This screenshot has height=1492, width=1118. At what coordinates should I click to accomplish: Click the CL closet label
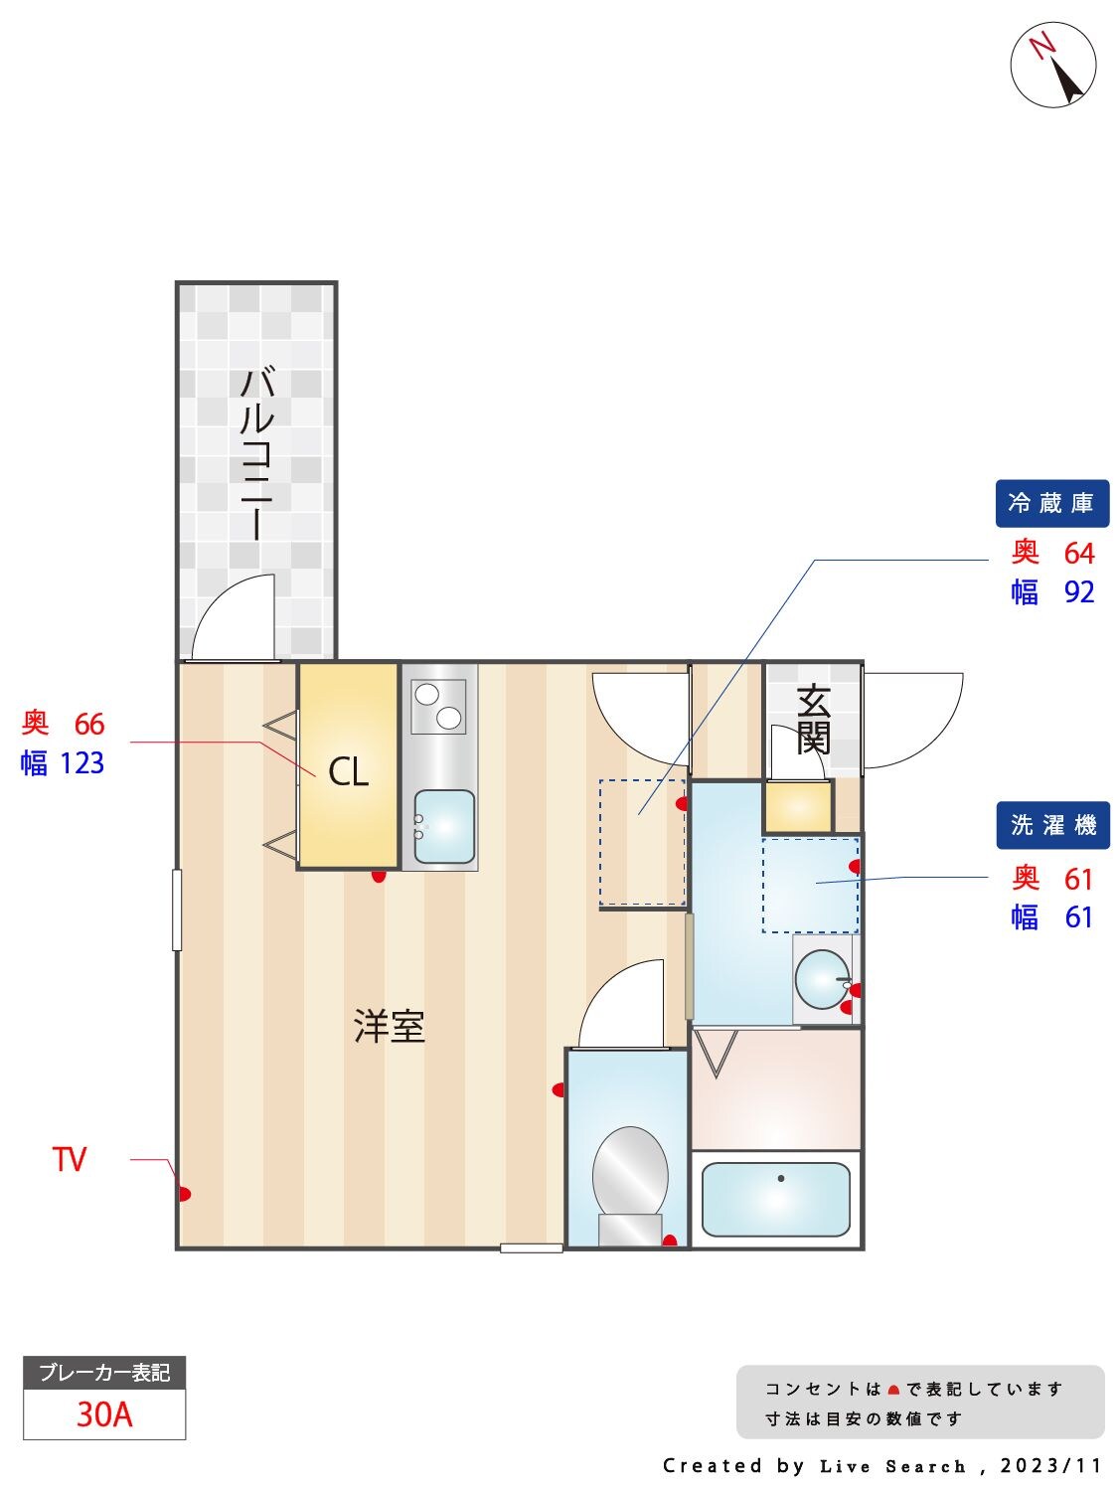coord(349,771)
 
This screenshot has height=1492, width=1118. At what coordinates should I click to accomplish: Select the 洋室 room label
coord(390,1026)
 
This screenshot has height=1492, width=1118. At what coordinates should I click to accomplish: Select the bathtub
coord(775,1198)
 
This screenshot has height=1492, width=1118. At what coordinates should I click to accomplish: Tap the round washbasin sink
coord(822,980)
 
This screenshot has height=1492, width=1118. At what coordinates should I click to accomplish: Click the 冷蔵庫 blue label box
coord(1051,504)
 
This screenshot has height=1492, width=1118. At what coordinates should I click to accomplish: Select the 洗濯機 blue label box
coord(1052,825)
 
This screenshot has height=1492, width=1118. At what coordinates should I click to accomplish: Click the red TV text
coord(70,1159)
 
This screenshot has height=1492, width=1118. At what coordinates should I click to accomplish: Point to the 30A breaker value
coord(104,1413)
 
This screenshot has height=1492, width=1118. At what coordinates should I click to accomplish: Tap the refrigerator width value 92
coord(1078,592)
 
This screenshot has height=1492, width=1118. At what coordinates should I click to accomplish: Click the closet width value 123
coord(81,763)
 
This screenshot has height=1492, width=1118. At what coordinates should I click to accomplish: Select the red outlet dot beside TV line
coord(185,1194)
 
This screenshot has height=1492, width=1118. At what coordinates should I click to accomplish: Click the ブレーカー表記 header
coord(104,1373)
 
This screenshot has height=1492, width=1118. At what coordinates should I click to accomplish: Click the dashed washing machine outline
coord(810,885)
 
